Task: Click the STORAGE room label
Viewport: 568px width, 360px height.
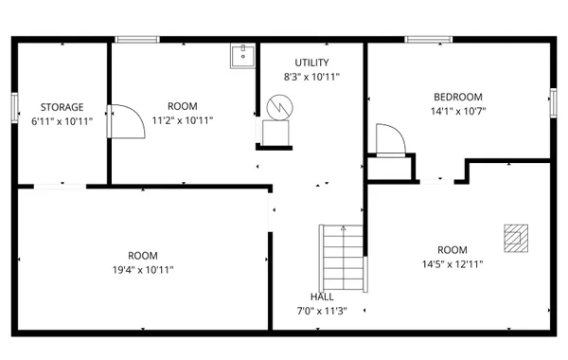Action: point(62,107)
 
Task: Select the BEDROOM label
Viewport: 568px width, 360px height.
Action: point(458,97)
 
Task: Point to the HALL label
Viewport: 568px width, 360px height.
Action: point(322,297)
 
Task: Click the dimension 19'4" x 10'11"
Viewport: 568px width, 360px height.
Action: point(143,270)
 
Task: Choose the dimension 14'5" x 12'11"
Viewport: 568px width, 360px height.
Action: point(453,264)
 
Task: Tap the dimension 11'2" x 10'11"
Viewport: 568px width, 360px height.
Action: point(183,120)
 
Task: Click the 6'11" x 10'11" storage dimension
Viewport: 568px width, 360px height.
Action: point(62,121)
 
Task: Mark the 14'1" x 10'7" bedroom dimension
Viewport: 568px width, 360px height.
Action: point(458,111)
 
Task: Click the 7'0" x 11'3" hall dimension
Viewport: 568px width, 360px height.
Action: point(322,311)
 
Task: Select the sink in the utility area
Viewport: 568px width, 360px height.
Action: point(242,55)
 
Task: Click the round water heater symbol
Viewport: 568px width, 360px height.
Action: point(278,107)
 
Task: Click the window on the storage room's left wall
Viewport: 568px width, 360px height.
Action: point(14,107)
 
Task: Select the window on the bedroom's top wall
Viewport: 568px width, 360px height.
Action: point(428,39)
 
